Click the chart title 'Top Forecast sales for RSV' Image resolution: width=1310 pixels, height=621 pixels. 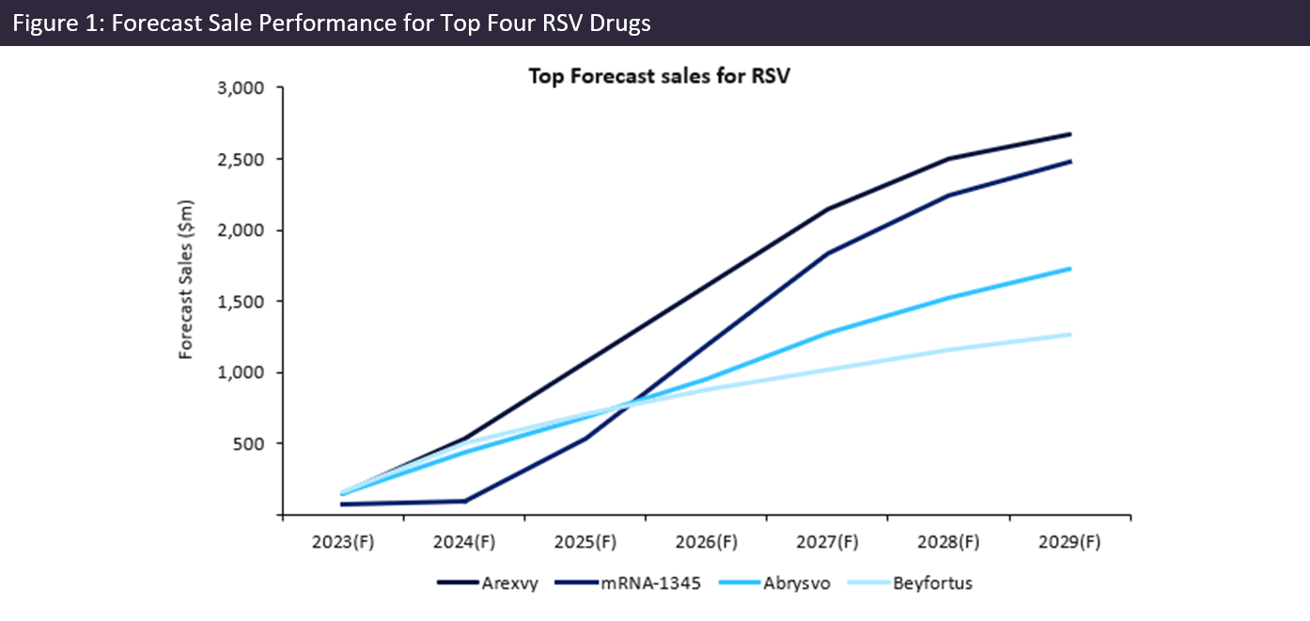(659, 76)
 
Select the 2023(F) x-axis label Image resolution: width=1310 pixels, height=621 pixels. (344, 542)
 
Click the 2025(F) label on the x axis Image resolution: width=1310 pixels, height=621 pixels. (585, 542)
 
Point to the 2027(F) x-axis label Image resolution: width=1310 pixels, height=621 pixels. (828, 542)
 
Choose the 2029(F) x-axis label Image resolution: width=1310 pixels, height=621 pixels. (1069, 542)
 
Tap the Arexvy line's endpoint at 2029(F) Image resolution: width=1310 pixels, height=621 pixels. (1069, 134)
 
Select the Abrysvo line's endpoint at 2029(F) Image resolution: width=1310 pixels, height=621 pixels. (1069, 269)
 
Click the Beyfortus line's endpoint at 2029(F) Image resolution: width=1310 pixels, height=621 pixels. (1069, 334)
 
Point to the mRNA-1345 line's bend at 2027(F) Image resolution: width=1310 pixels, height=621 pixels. (828, 253)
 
